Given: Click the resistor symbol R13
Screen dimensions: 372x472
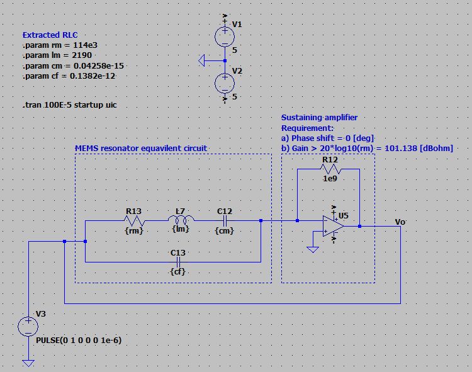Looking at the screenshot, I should click(x=135, y=221).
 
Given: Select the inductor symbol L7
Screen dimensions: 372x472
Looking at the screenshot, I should click(x=181, y=220).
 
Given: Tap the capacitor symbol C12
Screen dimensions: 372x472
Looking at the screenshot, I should click(x=225, y=221).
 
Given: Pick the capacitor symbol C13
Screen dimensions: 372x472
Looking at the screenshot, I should click(x=178, y=261).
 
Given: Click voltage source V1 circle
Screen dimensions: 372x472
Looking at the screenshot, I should click(x=225, y=37).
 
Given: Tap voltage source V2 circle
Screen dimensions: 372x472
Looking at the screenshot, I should click(x=225, y=83).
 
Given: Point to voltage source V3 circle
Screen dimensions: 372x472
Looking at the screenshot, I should click(x=28, y=325).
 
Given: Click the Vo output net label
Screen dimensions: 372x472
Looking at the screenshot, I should click(x=400, y=222).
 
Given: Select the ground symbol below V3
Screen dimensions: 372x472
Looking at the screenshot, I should click(x=28, y=363).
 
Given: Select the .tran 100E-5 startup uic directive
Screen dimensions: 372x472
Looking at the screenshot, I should click(x=69, y=105).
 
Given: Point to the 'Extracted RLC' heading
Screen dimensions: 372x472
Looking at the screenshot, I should click(x=51, y=35).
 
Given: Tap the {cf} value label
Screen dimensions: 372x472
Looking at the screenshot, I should click(x=178, y=271).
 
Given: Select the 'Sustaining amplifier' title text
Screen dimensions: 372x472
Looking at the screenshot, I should click(x=319, y=118).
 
